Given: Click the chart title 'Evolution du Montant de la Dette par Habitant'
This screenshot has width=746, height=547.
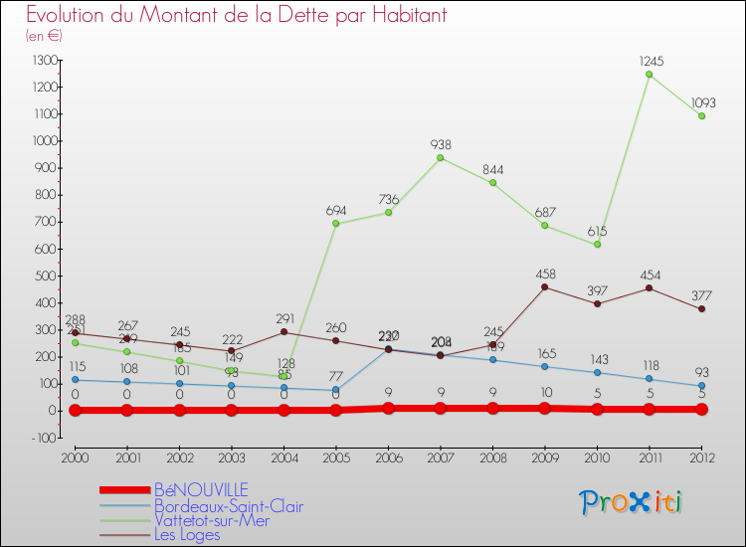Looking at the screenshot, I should click(x=237, y=15).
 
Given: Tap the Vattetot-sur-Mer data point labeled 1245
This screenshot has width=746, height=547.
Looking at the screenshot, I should click(x=649, y=74).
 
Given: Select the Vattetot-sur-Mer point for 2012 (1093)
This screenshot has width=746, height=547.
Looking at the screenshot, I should click(x=701, y=115).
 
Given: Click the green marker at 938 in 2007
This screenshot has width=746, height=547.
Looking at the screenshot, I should click(x=440, y=157).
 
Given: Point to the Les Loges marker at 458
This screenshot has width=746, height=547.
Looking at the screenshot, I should click(x=544, y=287).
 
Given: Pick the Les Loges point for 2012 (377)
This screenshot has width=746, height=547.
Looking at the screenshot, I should click(x=701, y=308).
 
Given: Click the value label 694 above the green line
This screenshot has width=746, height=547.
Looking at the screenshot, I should click(x=335, y=211).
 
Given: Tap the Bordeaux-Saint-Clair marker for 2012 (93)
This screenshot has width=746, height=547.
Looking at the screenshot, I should click(x=701, y=386).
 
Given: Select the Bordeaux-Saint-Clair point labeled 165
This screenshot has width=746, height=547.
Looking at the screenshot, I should click(x=544, y=366).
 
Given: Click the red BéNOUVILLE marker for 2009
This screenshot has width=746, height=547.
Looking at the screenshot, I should click(x=544, y=408).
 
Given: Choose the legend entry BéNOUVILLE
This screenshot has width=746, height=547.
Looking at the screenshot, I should click(x=201, y=489).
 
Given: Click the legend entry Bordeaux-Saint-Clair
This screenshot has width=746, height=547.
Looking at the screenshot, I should click(x=228, y=506).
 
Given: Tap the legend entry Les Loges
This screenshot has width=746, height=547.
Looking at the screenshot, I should click(x=187, y=535).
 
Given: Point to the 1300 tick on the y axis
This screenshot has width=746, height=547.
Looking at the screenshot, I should click(x=45, y=61).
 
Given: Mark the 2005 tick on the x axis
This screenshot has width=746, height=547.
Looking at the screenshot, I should click(x=335, y=456).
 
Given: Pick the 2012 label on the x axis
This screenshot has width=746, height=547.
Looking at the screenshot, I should click(x=701, y=456).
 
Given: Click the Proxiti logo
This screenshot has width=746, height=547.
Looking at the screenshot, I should click(x=632, y=501).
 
